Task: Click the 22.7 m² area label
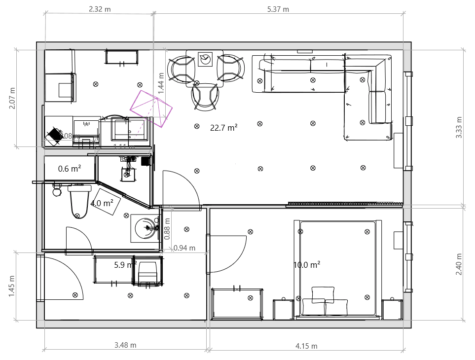223,127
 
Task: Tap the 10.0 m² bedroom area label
307,265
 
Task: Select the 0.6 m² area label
70,169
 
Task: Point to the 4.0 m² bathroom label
102,203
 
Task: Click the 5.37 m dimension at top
278,9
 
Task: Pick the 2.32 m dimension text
99,9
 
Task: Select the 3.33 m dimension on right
459,128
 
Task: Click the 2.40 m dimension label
459,264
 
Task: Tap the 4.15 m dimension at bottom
306,346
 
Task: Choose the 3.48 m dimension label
125,345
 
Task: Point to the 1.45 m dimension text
12,287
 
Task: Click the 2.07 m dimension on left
12,98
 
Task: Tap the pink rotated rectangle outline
151,108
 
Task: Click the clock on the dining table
205,60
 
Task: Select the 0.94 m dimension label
184,248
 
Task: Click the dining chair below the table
205,96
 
